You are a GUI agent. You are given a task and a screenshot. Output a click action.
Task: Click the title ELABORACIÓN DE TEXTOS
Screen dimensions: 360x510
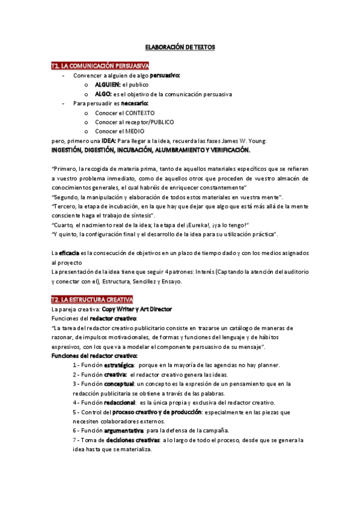[180, 46]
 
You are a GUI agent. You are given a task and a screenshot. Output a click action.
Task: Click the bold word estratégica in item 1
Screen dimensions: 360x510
[115, 365]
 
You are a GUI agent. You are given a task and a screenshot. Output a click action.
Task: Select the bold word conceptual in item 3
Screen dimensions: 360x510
[120, 384]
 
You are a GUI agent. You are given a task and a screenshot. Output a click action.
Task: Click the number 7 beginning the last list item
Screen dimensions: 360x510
[73, 440]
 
